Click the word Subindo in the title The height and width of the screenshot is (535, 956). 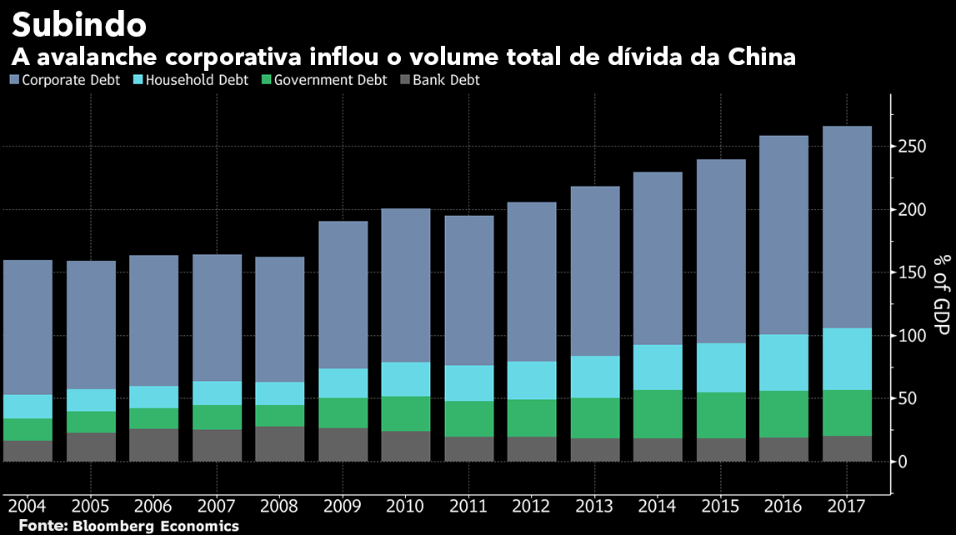pyautogui.click(x=79, y=26)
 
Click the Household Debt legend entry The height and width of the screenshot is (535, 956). pyautogui.click(x=191, y=81)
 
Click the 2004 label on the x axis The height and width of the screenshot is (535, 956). pyautogui.click(x=28, y=507)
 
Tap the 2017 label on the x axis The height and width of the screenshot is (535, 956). pyautogui.click(x=847, y=507)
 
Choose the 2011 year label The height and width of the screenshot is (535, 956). pyautogui.click(x=468, y=507)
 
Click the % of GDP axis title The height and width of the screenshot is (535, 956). pyautogui.click(x=941, y=292)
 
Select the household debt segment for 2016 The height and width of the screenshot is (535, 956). pyautogui.click(x=783, y=362)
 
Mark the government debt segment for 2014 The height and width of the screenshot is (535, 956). pyautogui.click(x=658, y=414)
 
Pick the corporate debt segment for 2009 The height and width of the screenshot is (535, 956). pyautogui.click(x=343, y=295)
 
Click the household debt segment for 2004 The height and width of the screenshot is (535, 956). pyautogui.click(x=28, y=407)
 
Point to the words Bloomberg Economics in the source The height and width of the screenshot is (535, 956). pyautogui.click(x=156, y=526)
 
